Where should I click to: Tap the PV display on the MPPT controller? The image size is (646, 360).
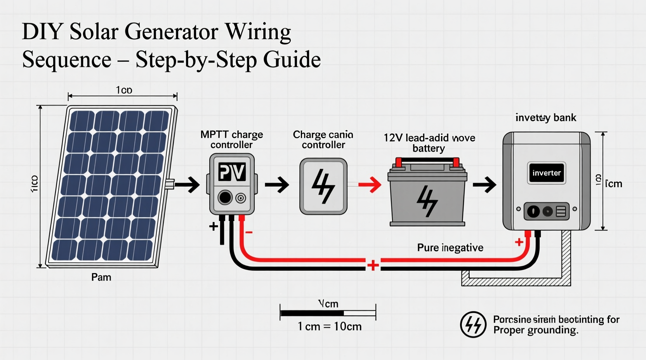pos(232,172)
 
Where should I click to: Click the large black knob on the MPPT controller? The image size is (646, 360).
pos(225,197)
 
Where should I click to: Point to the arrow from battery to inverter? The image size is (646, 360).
pos(484,185)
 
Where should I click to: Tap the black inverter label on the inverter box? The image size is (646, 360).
pos(546,173)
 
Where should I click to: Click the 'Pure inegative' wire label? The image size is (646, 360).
pos(450,247)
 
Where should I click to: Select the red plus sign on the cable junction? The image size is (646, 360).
pos(373,265)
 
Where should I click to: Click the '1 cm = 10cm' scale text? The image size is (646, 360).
pos(329,327)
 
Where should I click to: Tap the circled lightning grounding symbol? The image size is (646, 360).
pos(473,324)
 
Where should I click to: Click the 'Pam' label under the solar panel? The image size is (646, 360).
pos(101,277)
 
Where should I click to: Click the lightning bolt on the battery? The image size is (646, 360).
pos(427,201)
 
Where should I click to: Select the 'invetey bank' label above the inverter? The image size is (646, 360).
pos(545,118)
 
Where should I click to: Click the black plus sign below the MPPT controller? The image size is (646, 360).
pos(213,226)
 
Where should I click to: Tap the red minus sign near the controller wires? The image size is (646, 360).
pos(249,232)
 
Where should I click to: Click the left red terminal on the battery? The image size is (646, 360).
pos(398,162)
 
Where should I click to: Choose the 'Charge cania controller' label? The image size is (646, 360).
pos(323,140)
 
